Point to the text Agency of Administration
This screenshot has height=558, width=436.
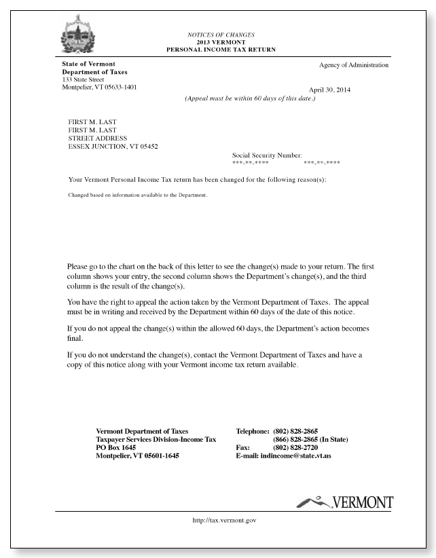tap(354, 65)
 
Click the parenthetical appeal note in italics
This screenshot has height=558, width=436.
tap(250, 99)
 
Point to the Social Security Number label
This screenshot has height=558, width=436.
tap(267, 155)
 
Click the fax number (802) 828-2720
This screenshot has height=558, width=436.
tap(295, 448)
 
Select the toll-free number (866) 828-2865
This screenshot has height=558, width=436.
tap(295, 440)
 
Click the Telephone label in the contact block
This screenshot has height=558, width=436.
tap(253, 431)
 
